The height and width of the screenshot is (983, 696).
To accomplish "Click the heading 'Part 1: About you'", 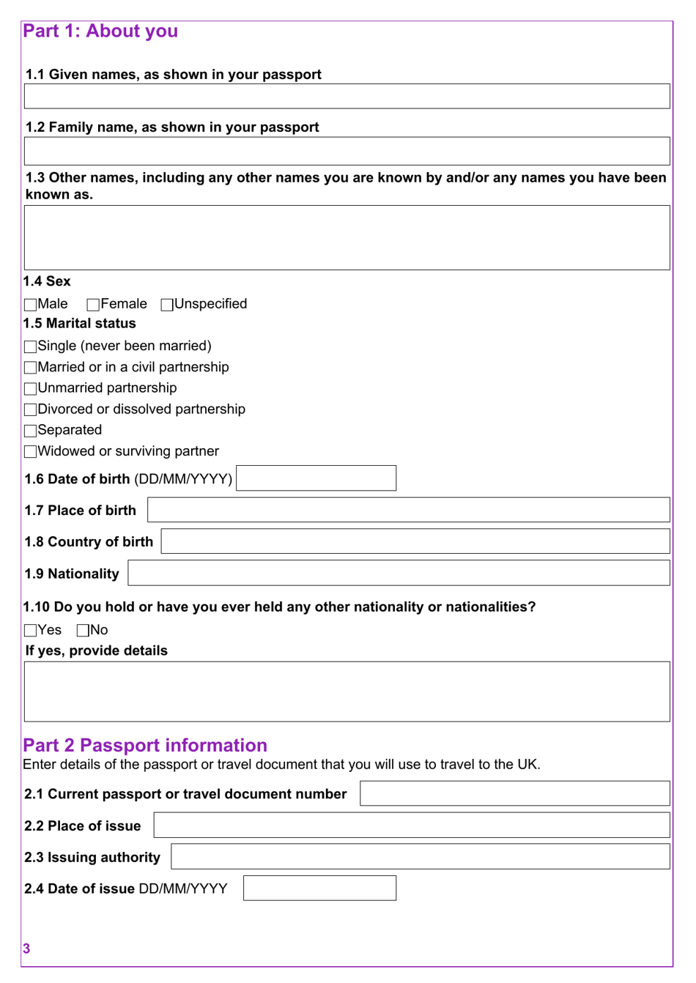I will (x=100, y=31).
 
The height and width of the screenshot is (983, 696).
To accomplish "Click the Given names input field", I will (x=347, y=97).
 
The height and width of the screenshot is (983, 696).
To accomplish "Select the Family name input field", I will (x=347, y=151).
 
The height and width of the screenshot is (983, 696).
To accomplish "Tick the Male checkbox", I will (x=30, y=305).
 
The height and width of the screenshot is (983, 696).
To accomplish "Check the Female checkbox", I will (x=93, y=305).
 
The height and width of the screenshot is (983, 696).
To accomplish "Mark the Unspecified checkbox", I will (x=167, y=305).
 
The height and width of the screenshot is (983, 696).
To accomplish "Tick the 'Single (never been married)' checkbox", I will (x=30, y=346).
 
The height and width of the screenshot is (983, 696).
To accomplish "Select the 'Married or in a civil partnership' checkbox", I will (x=30, y=368).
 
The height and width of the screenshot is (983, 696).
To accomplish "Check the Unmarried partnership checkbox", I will (x=30, y=389).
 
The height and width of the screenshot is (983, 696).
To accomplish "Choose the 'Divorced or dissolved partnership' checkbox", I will (x=30, y=409).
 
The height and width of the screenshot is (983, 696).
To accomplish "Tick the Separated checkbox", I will (x=30, y=431).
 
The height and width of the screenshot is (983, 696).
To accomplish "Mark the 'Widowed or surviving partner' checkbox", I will (x=30, y=452).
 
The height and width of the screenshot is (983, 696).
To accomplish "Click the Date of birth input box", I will (x=316, y=478).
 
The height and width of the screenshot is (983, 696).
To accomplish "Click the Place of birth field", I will (x=408, y=510).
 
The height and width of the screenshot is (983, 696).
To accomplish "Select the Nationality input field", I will (x=399, y=573).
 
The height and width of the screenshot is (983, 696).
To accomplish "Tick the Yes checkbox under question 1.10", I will (x=30, y=631).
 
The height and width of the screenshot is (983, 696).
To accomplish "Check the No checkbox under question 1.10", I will (x=83, y=631).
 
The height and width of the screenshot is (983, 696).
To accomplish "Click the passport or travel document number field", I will (x=514, y=793).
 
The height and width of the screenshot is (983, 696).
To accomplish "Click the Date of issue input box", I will (x=319, y=888).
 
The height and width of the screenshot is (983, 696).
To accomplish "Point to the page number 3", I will (x=26, y=949).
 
